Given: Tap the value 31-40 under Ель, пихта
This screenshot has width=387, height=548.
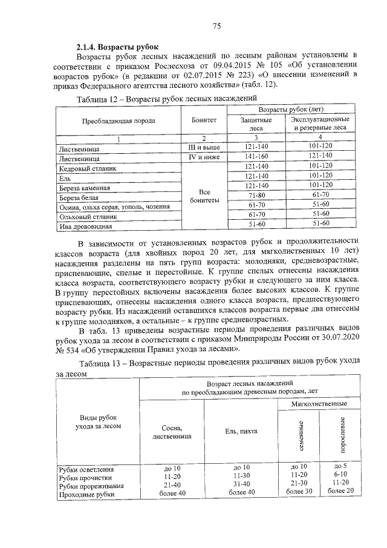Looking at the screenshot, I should coord(241,484).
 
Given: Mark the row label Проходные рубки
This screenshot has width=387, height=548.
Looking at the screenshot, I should coord(86,495).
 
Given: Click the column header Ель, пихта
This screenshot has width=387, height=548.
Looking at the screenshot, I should coord(241,431).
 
